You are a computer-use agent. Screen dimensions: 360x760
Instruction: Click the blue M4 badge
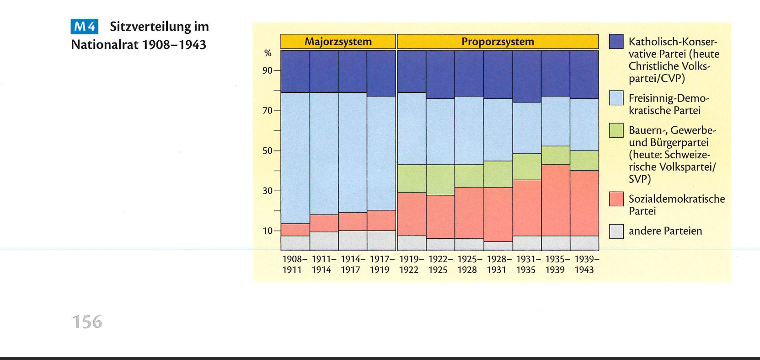tap(84, 27)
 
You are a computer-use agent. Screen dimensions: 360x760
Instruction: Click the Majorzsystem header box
tap(338, 42)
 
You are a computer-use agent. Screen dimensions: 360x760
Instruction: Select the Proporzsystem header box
tap(498, 42)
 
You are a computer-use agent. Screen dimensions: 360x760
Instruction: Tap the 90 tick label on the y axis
tap(267, 70)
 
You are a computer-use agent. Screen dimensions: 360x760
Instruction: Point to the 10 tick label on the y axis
tap(267, 231)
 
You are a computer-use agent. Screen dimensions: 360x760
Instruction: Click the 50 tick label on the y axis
tap(267, 151)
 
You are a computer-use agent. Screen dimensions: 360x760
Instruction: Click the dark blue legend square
tap(616, 42)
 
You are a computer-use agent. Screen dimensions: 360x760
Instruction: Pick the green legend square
tap(616, 130)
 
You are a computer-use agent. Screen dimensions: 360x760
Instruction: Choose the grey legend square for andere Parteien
tap(616, 231)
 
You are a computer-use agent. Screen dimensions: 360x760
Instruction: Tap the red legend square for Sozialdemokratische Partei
tap(616, 199)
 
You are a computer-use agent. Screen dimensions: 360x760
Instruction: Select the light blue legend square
tap(616, 98)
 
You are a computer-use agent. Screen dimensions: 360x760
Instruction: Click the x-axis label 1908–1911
tap(292, 264)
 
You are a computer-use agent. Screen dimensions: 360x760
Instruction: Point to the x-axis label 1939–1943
tap(584, 264)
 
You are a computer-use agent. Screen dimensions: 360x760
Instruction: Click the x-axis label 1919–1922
tap(409, 264)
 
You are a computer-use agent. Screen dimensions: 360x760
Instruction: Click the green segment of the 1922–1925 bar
tap(440, 180)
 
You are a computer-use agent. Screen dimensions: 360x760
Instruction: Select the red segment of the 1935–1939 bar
tap(556, 200)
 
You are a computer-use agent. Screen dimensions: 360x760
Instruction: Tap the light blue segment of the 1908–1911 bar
tap(295, 158)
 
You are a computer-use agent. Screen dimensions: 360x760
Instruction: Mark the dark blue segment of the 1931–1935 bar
tap(527, 76)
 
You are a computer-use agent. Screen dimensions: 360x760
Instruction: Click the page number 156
tap(87, 322)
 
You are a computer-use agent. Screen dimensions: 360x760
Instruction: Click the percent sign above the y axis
tap(268, 54)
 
